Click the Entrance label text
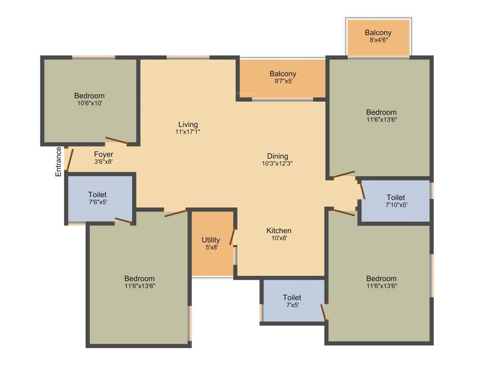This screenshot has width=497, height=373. tap(58, 161)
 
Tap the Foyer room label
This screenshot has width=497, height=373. tap(103, 154)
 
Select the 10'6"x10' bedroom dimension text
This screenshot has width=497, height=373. tap(89, 103)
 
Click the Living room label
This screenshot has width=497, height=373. tap(188, 124)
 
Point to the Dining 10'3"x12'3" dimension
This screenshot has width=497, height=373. tap(277, 164)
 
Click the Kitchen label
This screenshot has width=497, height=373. tap(279, 230)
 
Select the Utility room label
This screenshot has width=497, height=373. tap(211, 240)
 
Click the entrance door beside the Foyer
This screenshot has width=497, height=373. tap(70, 159)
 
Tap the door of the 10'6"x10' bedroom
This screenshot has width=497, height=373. tap(116, 141)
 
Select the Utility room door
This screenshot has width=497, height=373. tap(232, 237)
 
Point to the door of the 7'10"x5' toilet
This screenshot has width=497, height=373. tap(362, 189)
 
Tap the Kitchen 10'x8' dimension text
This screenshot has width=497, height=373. tap(279, 238)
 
